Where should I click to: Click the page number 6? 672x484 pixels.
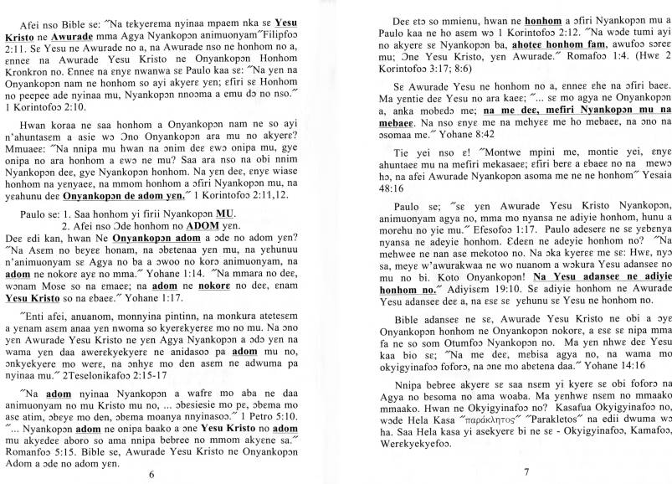tap(151, 472)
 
